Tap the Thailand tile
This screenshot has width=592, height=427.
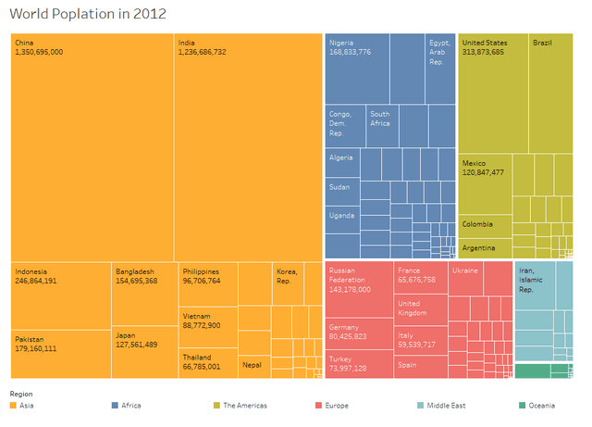(207, 362)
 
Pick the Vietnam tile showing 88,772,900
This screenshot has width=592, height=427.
(207, 320)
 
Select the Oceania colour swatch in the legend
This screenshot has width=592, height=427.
(523, 406)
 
